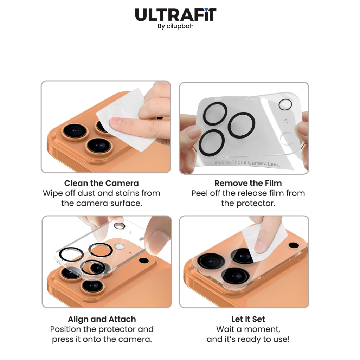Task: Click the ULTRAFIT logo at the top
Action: pyautogui.click(x=176, y=15)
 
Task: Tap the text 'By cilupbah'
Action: pyautogui.click(x=176, y=26)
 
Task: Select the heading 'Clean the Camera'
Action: pyautogui.click(x=102, y=183)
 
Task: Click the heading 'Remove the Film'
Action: pyautogui.click(x=248, y=183)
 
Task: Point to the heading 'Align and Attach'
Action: pyautogui.click(x=102, y=319)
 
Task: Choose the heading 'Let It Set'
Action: pyautogui.click(x=248, y=319)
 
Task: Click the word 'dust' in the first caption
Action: pyautogui.click(x=87, y=193)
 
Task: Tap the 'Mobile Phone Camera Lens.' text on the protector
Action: pyautogui.click(x=247, y=163)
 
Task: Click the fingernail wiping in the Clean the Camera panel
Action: pyautogui.click(x=115, y=121)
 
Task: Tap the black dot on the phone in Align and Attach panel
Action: pyautogui.click(x=144, y=261)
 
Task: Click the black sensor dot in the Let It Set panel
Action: pyautogui.click(x=294, y=245)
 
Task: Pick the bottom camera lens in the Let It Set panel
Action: pyautogui.click(x=235, y=276)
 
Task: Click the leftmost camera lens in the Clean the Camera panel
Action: pyautogui.click(x=75, y=131)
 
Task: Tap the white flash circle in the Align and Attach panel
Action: pyautogui.click(x=119, y=246)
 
